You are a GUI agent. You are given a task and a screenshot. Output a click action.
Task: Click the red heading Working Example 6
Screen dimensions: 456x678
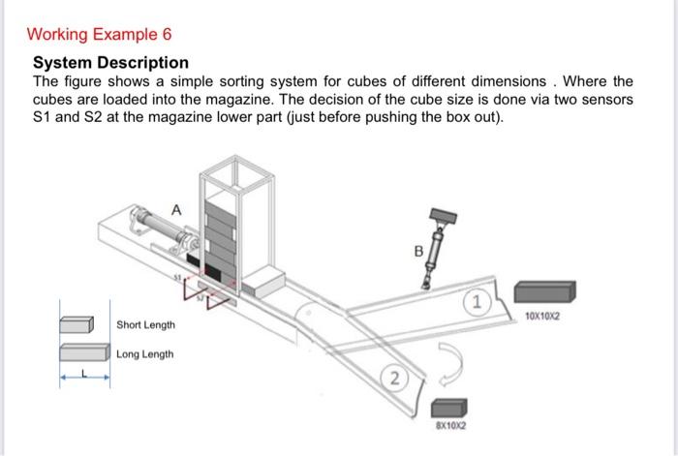100,35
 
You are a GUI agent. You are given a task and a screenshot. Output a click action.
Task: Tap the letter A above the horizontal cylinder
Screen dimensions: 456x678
175,208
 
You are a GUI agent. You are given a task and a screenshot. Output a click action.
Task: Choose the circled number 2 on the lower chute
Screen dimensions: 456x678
394,378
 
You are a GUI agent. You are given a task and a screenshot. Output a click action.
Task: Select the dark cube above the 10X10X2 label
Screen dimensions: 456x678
545,291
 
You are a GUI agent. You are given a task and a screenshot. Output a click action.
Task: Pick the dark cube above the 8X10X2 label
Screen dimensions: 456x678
447,407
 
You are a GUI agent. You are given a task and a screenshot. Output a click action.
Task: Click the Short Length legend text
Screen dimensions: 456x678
145,324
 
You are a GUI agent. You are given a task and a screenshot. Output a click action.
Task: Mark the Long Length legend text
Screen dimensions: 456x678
145,354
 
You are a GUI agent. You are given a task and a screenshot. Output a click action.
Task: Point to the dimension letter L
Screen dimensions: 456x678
84,372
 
